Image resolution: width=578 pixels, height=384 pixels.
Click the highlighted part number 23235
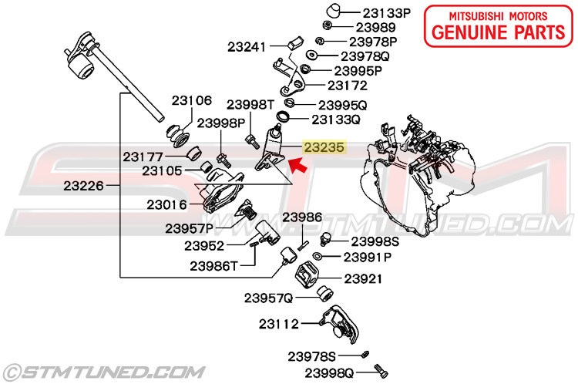324,145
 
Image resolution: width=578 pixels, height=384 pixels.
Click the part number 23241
247,46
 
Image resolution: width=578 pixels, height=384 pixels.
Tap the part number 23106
191,100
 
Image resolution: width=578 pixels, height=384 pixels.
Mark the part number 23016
166,204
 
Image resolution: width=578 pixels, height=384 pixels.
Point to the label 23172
348,86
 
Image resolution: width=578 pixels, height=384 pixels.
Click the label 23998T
250,104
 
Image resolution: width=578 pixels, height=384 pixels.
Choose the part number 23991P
368,257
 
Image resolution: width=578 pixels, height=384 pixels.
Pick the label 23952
204,246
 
